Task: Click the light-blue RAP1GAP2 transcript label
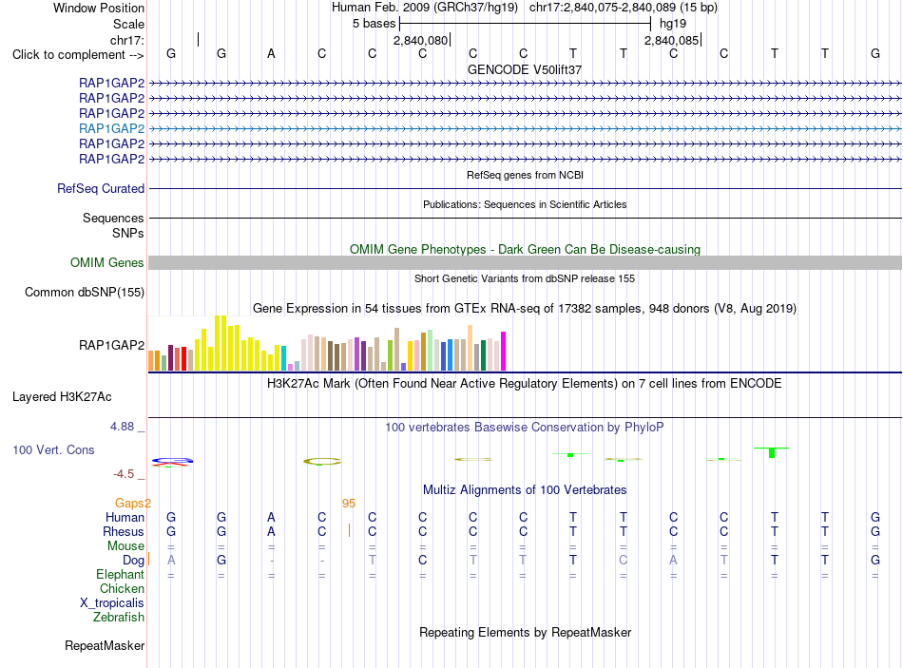click(x=112, y=128)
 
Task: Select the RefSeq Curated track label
click(x=101, y=188)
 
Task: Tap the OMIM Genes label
click(x=107, y=262)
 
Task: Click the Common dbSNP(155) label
click(x=85, y=292)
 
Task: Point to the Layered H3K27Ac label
click(x=62, y=397)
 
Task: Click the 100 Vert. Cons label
click(x=53, y=449)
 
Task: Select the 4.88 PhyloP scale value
click(x=122, y=426)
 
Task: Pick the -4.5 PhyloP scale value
click(x=124, y=474)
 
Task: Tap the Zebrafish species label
click(x=119, y=617)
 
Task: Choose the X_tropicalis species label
click(x=112, y=603)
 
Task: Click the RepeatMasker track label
click(x=105, y=645)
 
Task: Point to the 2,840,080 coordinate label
click(x=420, y=40)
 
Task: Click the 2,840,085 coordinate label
click(x=671, y=40)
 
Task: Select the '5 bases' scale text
click(x=375, y=24)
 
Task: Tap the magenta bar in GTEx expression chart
click(x=504, y=352)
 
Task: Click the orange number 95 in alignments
click(x=349, y=504)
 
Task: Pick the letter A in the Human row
click(x=271, y=517)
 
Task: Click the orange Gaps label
click(x=129, y=504)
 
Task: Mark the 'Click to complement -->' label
click(x=78, y=55)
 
